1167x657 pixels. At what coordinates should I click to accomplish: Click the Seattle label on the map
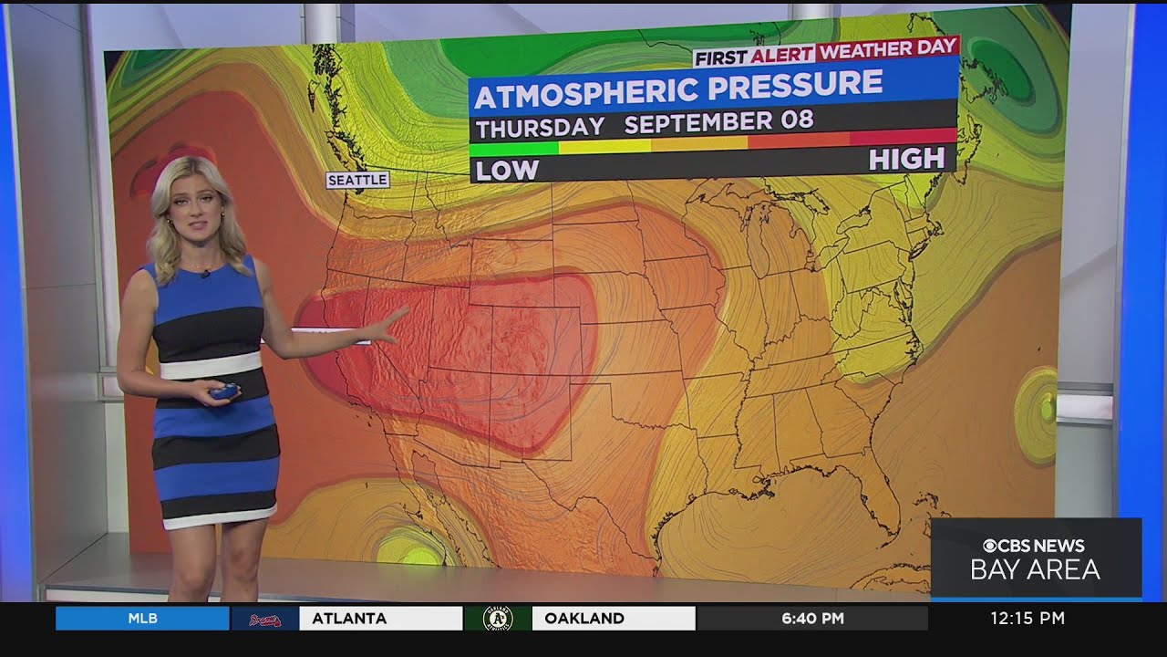(357, 180)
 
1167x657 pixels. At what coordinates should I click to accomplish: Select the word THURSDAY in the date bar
(540, 127)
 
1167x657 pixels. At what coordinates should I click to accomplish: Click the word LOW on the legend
(507, 170)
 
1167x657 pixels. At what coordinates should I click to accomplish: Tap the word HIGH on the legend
(905, 160)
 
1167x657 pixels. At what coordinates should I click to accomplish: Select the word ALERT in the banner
(782, 55)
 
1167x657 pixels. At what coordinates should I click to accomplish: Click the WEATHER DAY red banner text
(887, 48)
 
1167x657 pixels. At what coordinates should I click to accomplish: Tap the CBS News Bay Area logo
(1035, 558)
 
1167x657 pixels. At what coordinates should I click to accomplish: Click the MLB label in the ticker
(142, 619)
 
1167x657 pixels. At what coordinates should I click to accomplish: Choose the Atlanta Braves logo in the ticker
(264, 620)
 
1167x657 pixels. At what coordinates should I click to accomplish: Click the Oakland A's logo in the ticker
(498, 619)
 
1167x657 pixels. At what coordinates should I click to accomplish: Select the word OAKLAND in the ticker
(584, 619)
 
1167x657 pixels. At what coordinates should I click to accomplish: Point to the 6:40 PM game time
(812, 619)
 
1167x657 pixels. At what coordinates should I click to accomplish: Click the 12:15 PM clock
(1028, 619)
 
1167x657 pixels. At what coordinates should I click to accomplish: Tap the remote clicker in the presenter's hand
(226, 392)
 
